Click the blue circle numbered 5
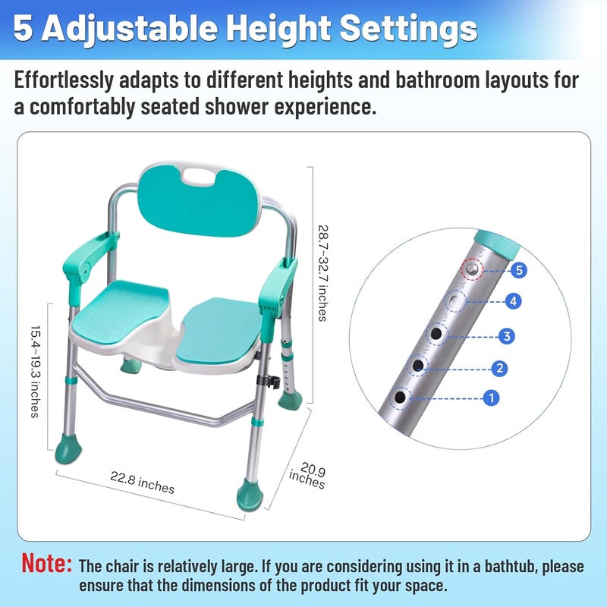pos(519,270)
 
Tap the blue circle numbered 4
pos(514,301)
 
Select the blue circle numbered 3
pos(507,336)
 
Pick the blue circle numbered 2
pos(500,368)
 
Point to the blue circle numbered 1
pos(492,398)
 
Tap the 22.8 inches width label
pos(142,483)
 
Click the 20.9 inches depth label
pos(308,476)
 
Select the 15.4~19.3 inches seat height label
pos(36,372)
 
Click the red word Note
pos(46,563)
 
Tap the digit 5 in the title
pos(23,28)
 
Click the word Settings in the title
pos(408,30)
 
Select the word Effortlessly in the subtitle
pos(64,80)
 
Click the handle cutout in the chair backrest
pos(198,178)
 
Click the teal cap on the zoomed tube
pos(497,244)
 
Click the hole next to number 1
pos(400,397)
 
